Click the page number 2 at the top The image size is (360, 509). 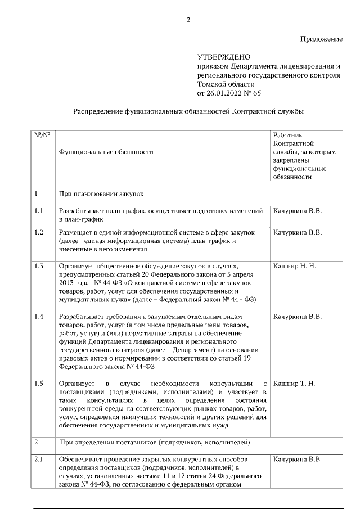point(188,20)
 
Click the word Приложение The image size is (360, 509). point(321,39)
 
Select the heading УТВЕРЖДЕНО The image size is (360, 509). point(224,57)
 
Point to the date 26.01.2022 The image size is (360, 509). point(224,93)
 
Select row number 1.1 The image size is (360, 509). point(39,211)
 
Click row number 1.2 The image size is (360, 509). point(39,232)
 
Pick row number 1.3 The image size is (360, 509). point(39,265)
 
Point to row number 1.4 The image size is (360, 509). point(39,317)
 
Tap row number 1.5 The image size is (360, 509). point(39,384)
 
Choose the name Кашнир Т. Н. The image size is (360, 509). point(294,384)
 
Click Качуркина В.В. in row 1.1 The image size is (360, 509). point(298,211)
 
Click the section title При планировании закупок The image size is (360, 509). point(102,194)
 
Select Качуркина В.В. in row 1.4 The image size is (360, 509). point(298,317)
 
